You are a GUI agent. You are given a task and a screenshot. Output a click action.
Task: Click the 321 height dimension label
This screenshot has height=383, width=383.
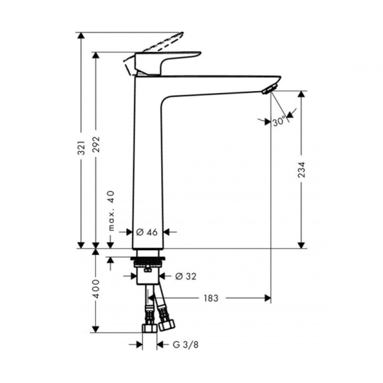point(82,148)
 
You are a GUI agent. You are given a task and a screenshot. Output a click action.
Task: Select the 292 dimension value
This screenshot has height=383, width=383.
point(96,144)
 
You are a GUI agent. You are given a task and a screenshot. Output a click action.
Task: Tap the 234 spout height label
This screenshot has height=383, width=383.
point(301,169)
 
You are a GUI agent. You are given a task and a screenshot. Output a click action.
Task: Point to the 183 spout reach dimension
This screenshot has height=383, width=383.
point(211,298)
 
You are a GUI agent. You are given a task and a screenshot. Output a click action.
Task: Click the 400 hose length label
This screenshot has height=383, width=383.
point(96,289)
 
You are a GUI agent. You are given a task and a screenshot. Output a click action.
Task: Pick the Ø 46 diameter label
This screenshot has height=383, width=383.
point(147,232)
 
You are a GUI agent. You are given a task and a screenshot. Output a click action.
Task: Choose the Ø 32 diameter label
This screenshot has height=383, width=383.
point(186,276)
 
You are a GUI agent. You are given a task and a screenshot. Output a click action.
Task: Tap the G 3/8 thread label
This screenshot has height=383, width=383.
point(185,345)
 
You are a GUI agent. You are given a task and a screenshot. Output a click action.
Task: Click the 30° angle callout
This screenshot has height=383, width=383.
point(278,121)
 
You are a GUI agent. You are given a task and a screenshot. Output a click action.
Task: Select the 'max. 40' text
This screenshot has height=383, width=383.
point(111,211)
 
